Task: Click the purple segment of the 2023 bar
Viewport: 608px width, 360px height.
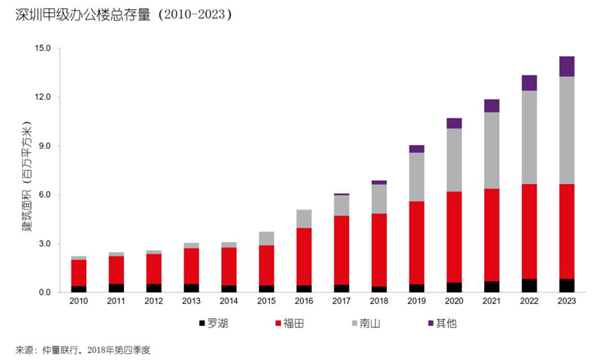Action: click(566, 67)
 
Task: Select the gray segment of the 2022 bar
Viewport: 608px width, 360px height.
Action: click(529, 137)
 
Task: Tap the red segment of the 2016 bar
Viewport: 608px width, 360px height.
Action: click(304, 257)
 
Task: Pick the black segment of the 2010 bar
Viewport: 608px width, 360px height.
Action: click(79, 289)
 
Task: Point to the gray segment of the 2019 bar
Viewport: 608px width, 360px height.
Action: click(416, 177)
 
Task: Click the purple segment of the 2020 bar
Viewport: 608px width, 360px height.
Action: click(454, 123)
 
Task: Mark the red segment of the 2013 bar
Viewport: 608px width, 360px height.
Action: click(192, 267)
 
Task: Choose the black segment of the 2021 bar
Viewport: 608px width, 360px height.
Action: click(492, 287)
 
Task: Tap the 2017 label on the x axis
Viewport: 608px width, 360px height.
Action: click(341, 301)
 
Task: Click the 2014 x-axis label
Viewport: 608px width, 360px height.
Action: click(229, 301)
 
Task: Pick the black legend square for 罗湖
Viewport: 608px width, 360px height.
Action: click(201, 323)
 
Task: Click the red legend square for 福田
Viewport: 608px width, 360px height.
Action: click(278, 323)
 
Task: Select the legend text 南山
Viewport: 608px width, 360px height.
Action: click(370, 324)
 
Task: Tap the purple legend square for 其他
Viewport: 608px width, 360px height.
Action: click(430, 323)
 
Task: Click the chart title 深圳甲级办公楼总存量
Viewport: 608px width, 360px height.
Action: click(83, 14)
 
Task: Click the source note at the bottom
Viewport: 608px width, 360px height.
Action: click(83, 350)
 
